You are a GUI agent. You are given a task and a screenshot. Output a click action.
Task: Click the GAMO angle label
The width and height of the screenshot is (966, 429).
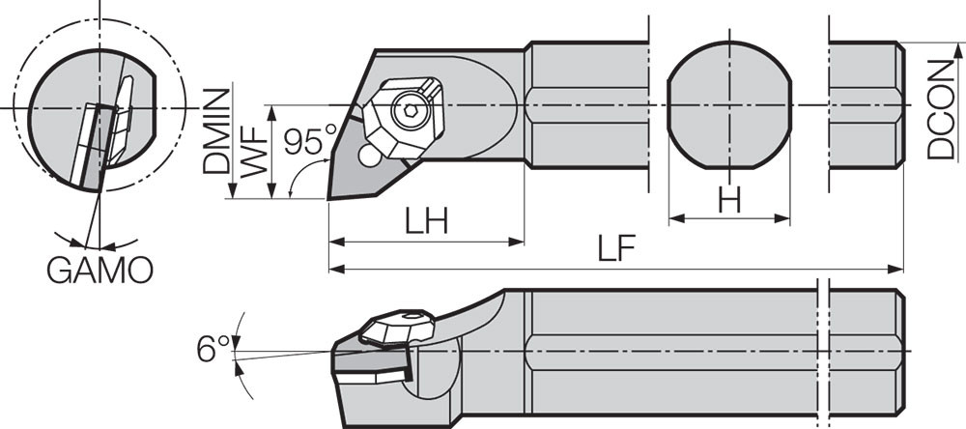pos(99,271)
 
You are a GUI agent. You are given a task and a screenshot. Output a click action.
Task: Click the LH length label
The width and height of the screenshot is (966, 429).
pos(425,221)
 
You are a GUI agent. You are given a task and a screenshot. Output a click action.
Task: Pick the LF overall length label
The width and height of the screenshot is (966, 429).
pos(615,250)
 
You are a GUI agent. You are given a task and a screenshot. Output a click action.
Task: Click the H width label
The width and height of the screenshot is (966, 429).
pos(729,199)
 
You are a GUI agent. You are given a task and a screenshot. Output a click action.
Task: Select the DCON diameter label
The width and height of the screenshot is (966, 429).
pos(941,108)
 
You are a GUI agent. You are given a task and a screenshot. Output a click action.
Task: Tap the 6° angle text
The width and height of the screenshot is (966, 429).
pos(213,348)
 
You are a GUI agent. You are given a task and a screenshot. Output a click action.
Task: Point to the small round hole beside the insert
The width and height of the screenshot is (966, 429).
pos(368,155)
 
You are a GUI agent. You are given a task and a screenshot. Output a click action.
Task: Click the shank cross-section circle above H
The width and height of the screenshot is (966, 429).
pos(729,104)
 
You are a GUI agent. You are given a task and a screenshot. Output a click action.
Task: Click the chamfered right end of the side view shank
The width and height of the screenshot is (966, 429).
pos(899,350)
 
